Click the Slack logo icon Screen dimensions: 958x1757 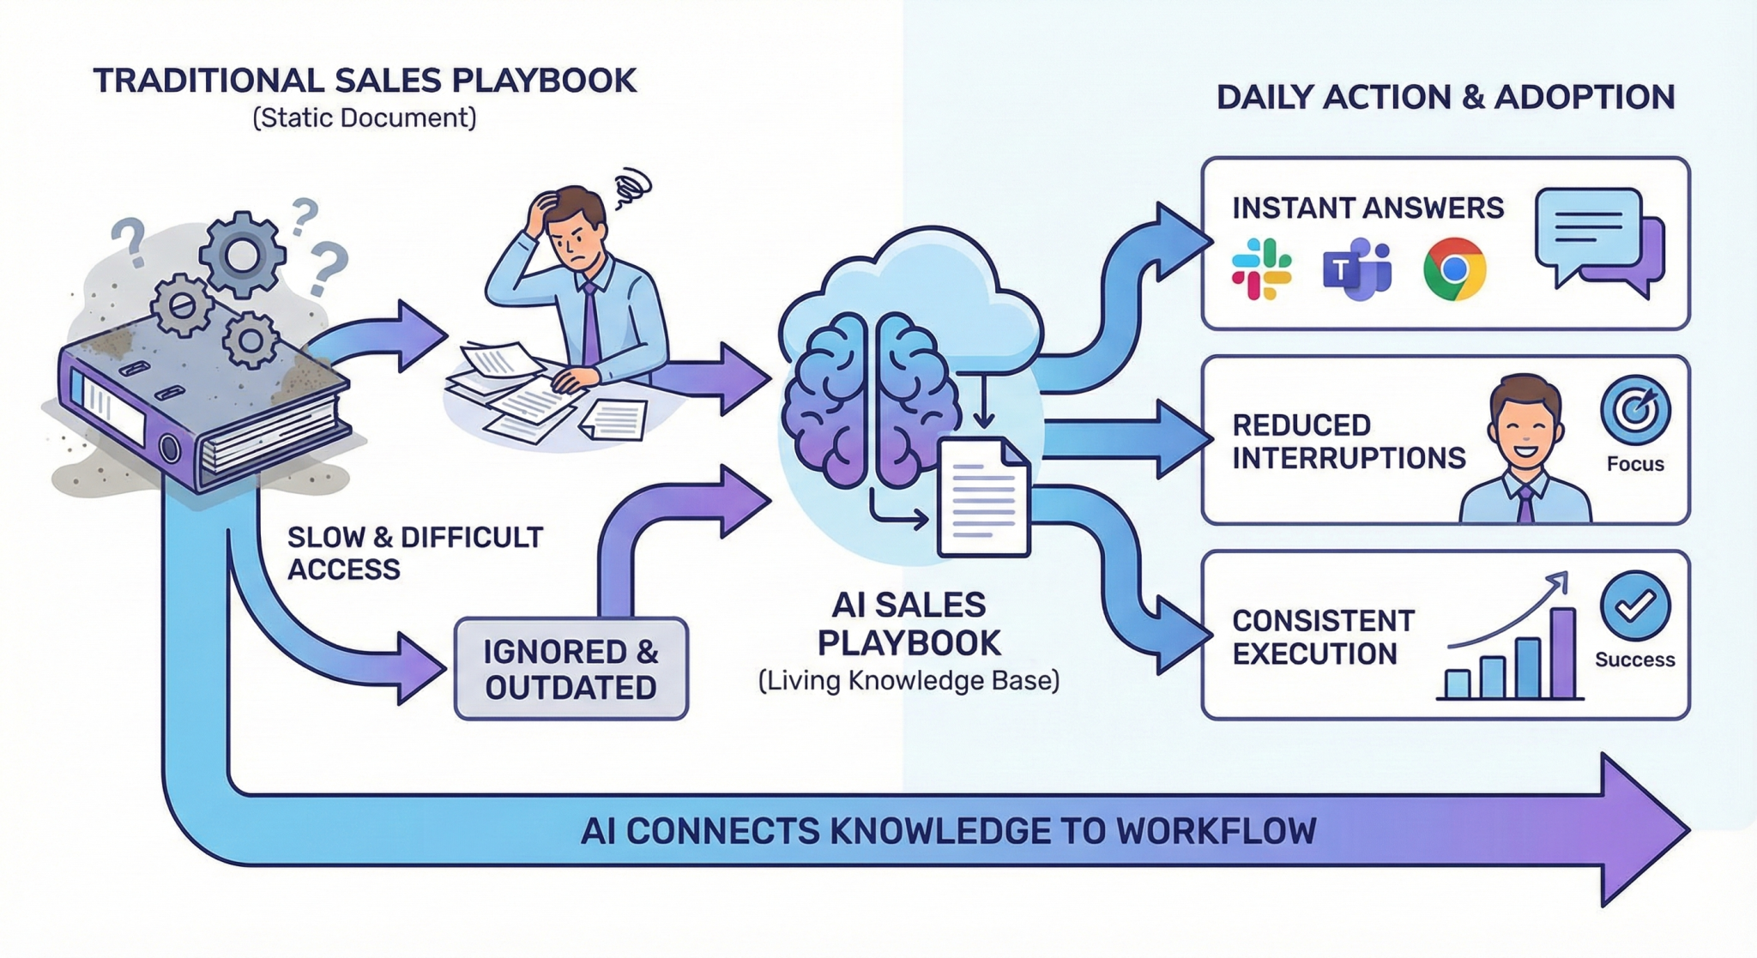1261,269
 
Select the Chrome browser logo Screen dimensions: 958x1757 1454,269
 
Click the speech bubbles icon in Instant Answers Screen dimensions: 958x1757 1597,242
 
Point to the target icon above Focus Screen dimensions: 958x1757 1635,410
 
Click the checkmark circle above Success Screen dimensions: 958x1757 1634,606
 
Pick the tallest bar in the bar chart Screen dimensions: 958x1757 1563,653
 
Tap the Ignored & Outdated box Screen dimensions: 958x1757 571,669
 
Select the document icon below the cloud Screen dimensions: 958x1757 983,497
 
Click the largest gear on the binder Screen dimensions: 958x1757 243,254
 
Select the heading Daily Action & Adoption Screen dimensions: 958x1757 1445,97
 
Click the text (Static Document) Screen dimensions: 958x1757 364,117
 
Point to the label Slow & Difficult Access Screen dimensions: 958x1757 414,553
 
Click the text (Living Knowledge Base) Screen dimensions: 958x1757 909,681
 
